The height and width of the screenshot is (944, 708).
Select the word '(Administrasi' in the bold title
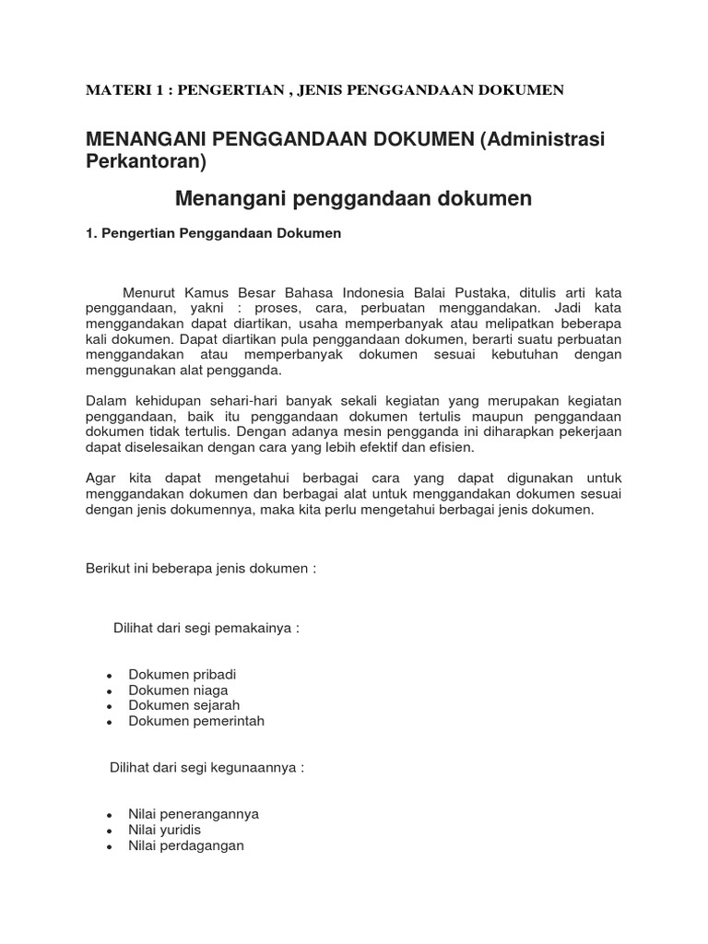[551, 138]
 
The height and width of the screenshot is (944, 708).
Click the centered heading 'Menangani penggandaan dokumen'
[353, 198]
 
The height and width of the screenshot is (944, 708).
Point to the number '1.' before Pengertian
[90, 234]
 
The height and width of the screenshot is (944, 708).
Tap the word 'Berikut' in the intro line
[107, 569]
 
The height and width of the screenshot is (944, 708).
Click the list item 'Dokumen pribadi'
[182, 674]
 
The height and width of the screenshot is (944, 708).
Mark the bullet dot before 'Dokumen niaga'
[110, 691]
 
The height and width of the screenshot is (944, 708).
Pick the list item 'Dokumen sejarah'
[184, 705]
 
